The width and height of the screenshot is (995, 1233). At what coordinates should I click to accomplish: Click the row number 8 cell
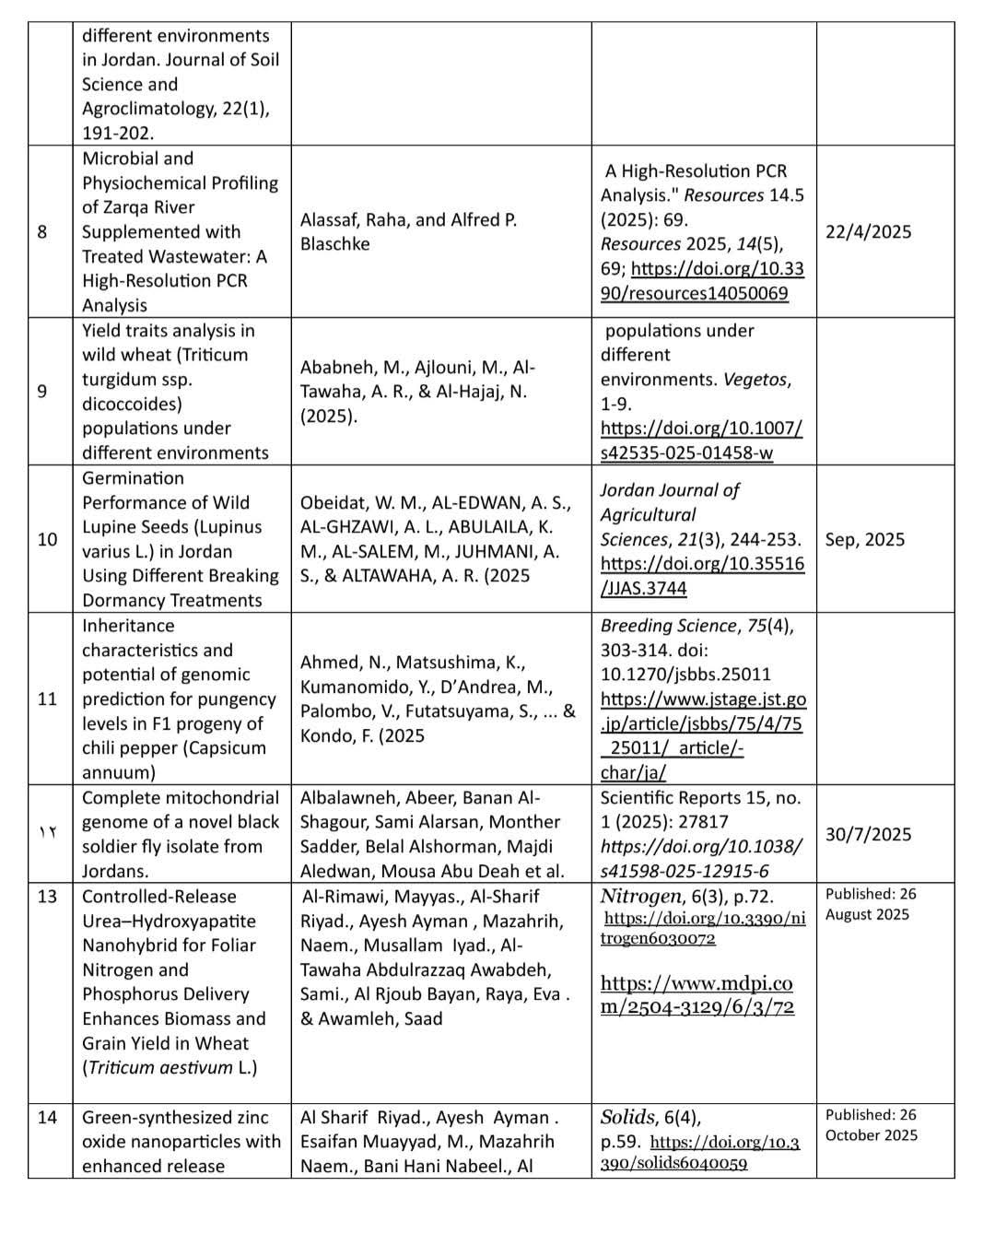click(x=42, y=231)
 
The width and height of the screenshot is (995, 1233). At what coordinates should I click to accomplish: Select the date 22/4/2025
click(x=868, y=231)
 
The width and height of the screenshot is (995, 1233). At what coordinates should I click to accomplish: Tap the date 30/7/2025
click(x=868, y=834)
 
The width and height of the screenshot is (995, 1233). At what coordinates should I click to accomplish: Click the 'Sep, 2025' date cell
click(x=864, y=539)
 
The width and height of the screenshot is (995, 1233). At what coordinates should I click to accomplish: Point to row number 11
click(x=47, y=699)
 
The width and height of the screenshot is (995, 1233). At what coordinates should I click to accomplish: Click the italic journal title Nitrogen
click(x=641, y=897)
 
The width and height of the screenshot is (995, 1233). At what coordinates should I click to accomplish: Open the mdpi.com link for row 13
click(x=696, y=994)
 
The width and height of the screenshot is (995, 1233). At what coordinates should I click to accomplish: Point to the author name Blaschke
click(x=334, y=244)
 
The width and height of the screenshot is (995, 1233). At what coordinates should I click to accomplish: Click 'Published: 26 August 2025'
click(x=870, y=904)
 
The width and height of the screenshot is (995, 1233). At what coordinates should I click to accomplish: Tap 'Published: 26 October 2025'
click(x=871, y=1124)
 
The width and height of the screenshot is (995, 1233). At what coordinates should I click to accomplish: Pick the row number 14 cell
click(x=47, y=1118)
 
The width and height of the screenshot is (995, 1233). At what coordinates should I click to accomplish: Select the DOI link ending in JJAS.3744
click(x=702, y=576)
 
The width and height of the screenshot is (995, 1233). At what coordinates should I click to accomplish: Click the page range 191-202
click(x=118, y=133)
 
